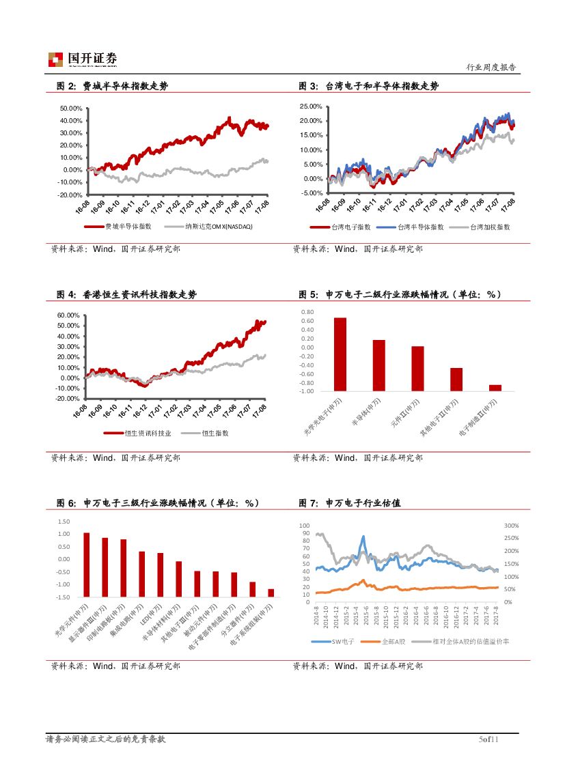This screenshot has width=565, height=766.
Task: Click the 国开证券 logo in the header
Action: click(x=82, y=60)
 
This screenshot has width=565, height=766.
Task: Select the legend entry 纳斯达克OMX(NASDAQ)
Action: click(x=208, y=227)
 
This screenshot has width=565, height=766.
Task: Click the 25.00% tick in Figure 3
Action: click(x=312, y=107)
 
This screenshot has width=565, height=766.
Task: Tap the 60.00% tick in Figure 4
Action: click(x=71, y=315)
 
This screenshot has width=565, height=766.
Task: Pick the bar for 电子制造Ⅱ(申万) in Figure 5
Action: click(x=495, y=388)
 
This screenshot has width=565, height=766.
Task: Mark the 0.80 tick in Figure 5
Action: click(x=307, y=312)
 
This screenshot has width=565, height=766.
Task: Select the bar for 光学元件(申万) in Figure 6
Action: click(x=86, y=565)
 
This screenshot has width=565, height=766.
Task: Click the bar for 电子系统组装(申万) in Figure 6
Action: click(x=252, y=593)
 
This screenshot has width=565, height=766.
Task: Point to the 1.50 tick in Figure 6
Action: click(x=64, y=522)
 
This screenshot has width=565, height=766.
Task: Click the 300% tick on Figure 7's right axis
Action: click(x=512, y=526)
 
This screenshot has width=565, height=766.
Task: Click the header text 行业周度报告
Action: click(x=491, y=68)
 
